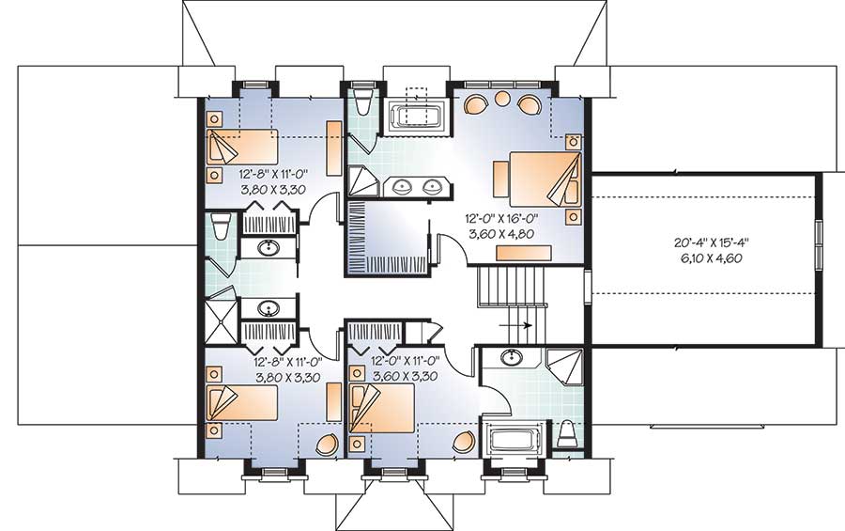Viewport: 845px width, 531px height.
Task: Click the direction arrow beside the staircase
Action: pyautogui.click(x=518, y=325)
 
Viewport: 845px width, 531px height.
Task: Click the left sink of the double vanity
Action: pyautogui.click(x=404, y=185)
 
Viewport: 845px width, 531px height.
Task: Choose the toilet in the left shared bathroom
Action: pyautogui.click(x=222, y=226)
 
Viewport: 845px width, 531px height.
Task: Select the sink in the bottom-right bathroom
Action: pyautogui.click(x=512, y=357)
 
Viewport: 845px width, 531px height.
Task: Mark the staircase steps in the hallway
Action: pyautogui.click(x=512, y=286)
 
